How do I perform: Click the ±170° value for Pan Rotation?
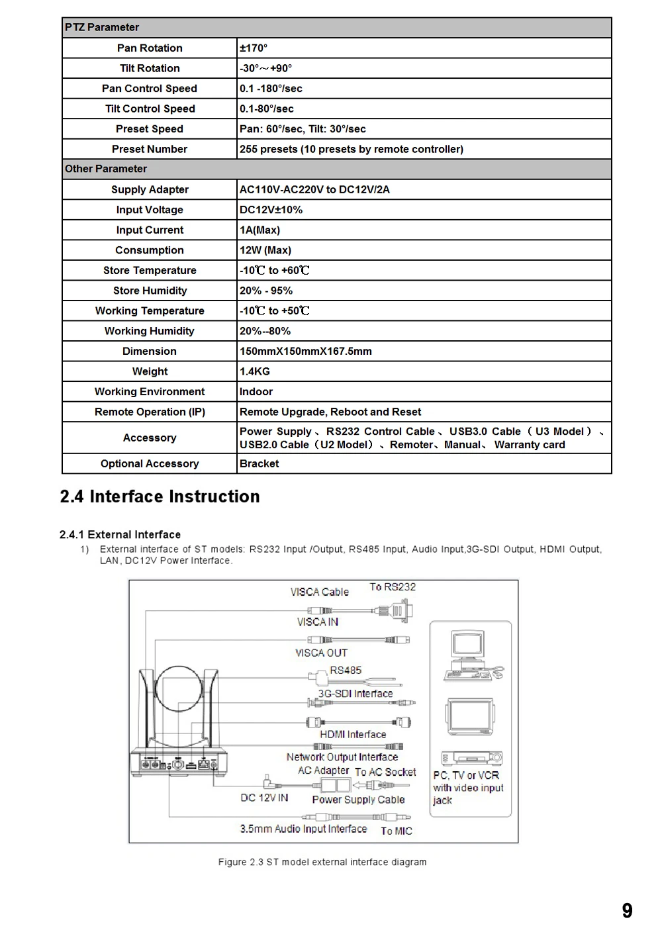pyautogui.click(x=254, y=48)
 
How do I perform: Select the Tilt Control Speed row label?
pyautogui.click(x=150, y=109)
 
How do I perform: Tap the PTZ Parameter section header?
pyautogui.click(x=102, y=28)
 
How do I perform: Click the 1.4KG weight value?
pyautogui.click(x=255, y=371)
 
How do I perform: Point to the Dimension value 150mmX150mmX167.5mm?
pyautogui.click(x=306, y=351)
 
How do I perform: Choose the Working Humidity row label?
pyautogui.click(x=150, y=331)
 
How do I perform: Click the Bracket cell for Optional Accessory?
pyautogui.click(x=260, y=464)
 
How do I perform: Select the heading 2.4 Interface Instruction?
pyautogui.click(x=160, y=496)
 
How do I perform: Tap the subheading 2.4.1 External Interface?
pyautogui.click(x=120, y=535)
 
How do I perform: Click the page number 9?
pyautogui.click(x=627, y=911)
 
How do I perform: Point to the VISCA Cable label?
pyautogui.click(x=319, y=592)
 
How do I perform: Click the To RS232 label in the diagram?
pyautogui.click(x=393, y=587)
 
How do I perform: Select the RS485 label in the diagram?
pyautogui.click(x=346, y=671)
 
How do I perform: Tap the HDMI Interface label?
pyautogui.click(x=353, y=735)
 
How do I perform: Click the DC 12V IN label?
pyautogui.click(x=264, y=798)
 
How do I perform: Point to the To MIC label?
pyautogui.click(x=396, y=831)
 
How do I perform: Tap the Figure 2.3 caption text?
pyautogui.click(x=322, y=863)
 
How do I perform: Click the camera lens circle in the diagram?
pyautogui.click(x=178, y=689)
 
